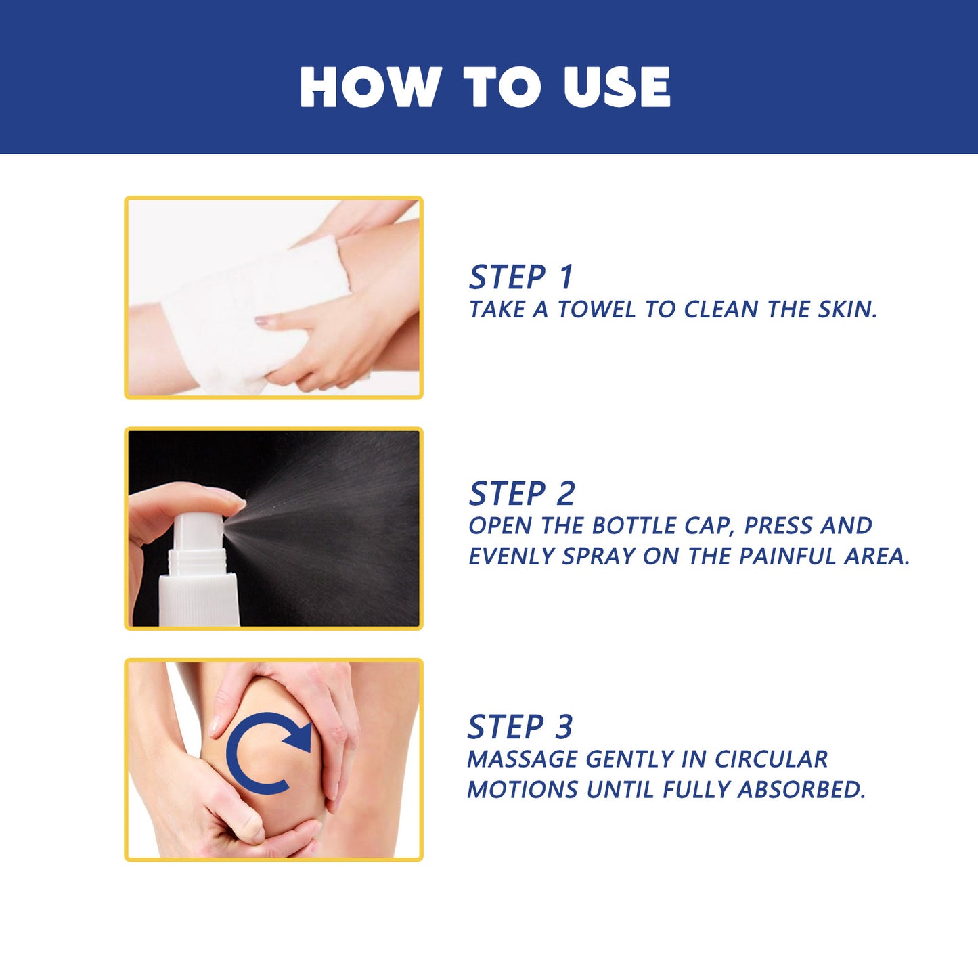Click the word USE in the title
pos(617,87)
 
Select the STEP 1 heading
pos(521,277)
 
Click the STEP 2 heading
pos(522,493)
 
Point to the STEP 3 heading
pos(520,728)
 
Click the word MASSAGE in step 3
pos(523,759)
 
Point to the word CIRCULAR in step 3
pos(771,759)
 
